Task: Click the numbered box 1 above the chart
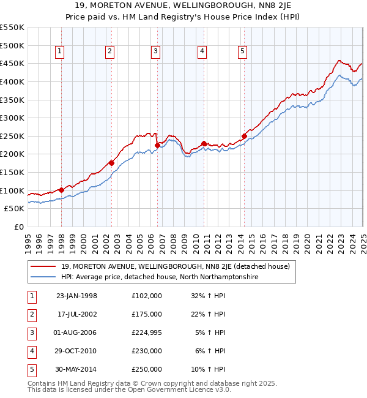pos(60,52)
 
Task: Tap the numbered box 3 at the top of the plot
pos(156,52)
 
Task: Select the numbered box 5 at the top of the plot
pos(243,52)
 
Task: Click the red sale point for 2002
pos(111,163)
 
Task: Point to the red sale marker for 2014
pos(244,136)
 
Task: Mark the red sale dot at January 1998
pos(61,190)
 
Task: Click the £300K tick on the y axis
pos(12,118)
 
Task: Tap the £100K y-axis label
pos(12,190)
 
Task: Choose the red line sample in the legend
pos(43,266)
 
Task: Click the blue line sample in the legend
pos(43,277)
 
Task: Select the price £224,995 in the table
pos(147,332)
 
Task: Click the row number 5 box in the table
pos(31,369)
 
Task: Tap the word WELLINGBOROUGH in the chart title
pos(161,6)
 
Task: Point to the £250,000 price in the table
pos(147,369)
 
